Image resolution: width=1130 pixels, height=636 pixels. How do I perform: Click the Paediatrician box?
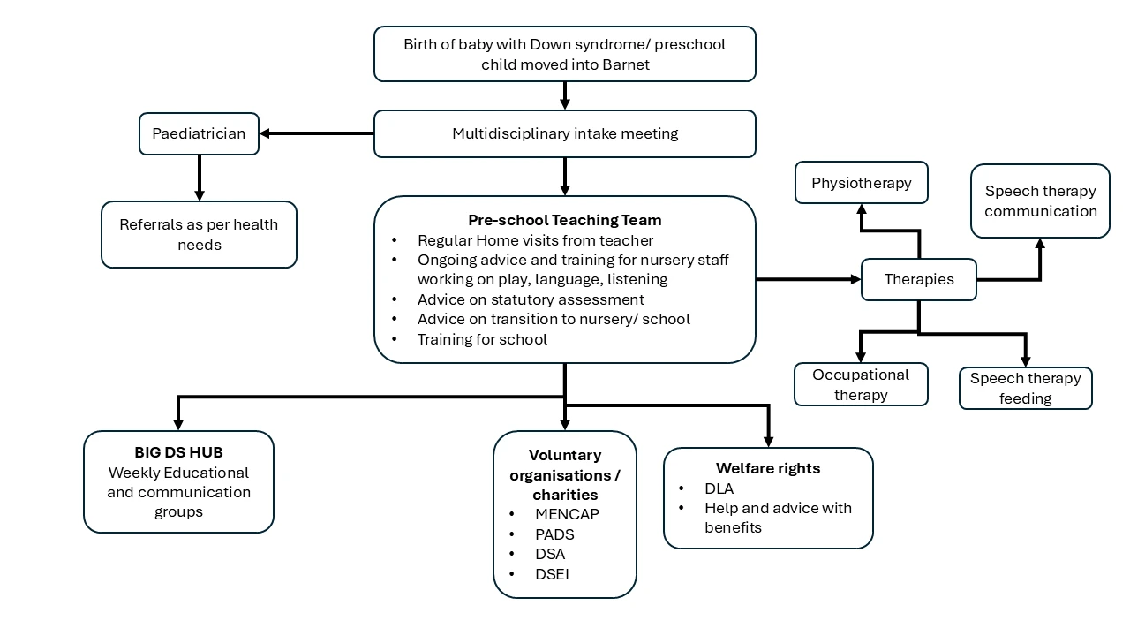(x=199, y=134)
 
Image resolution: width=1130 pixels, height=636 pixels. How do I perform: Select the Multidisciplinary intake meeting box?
(x=565, y=134)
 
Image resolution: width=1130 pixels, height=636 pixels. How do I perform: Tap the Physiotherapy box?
(x=861, y=183)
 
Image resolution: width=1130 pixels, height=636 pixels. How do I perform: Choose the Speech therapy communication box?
(x=1040, y=201)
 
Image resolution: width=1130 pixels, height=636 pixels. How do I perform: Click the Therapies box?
(x=918, y=280)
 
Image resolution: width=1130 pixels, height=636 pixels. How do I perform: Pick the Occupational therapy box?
(x=861, y=384)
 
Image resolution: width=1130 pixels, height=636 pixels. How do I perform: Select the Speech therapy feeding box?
(x=1025, y=389)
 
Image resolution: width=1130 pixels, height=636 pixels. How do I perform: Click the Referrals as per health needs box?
(x=199, y=234)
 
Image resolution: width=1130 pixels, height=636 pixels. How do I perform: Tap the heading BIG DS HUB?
(x=178, y=452)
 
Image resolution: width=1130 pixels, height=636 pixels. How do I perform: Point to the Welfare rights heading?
(x=767, y=468)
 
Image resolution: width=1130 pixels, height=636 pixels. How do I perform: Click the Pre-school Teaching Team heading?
(x=564, y=220)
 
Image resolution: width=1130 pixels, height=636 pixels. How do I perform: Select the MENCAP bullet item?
(x=567, y=514)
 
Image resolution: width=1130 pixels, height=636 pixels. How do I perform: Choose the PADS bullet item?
(x=554, y=534)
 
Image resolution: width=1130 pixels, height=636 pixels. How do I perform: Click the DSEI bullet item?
(x=552, y=574)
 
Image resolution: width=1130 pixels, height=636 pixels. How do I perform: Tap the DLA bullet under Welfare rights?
(x=719, y=488)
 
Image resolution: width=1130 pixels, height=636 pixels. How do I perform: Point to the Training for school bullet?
(x=482, y=339)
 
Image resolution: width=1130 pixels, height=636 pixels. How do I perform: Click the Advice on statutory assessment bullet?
(x=531, y=299)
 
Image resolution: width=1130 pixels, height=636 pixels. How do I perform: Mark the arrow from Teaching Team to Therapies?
(x=808, y=279)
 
